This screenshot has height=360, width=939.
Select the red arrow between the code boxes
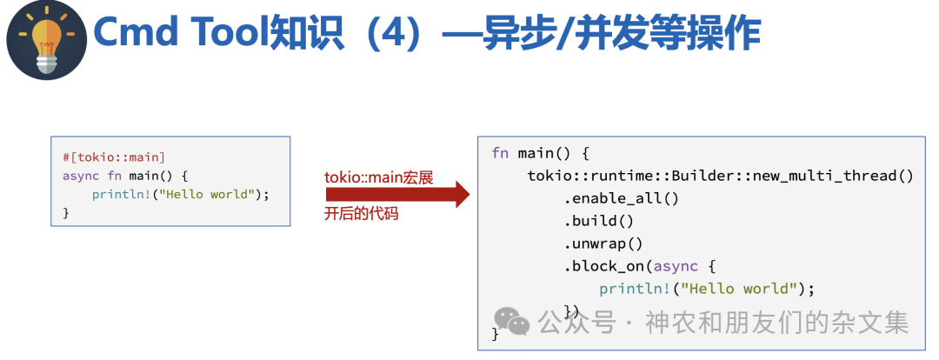click(396, 195)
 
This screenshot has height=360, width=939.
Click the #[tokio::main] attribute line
click(114, 157)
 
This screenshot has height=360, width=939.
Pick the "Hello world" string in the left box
click(213, 194)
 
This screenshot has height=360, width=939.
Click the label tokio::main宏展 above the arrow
click(379, 177)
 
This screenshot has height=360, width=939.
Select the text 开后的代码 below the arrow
click(362, 213)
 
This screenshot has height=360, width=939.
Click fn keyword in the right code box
click(500, 153)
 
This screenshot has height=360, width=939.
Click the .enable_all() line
click(621, 198)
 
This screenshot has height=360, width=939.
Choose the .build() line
click(599, 221)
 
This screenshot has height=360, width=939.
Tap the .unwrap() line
click(603, 243)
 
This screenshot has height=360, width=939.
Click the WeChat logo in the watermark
click(513, 323)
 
